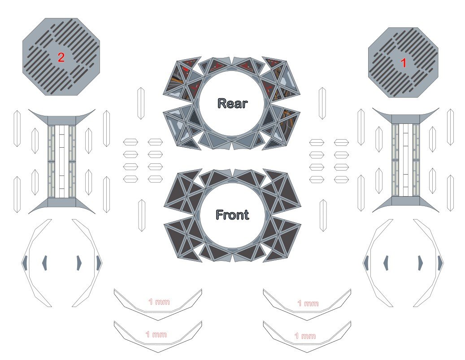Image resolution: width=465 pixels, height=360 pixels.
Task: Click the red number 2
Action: [61, 57]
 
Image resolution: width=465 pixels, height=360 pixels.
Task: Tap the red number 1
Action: [403, 63]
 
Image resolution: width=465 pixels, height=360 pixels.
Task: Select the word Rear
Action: [232, 103]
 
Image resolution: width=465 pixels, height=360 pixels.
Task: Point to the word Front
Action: [232, 215]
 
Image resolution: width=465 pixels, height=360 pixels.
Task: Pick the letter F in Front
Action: [219, 215]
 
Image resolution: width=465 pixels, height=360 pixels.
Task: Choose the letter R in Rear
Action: [222, 103]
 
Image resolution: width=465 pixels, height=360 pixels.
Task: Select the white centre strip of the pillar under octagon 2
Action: [62, 162]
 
